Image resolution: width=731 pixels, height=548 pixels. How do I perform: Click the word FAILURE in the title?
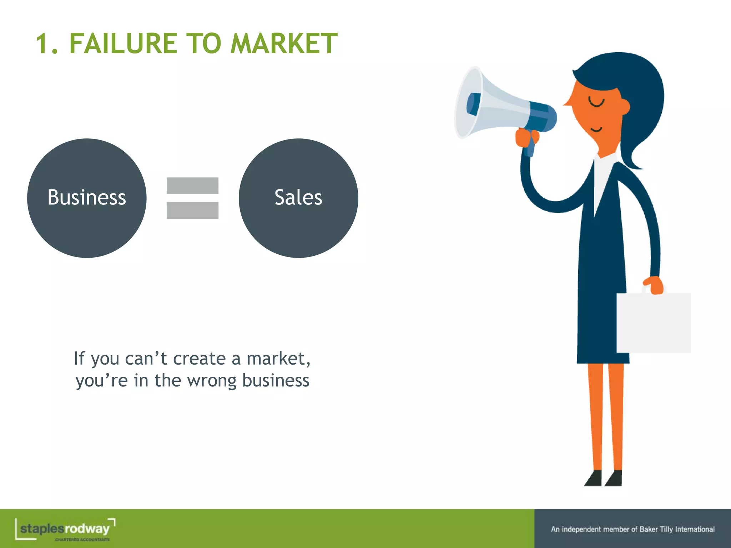point(123,44)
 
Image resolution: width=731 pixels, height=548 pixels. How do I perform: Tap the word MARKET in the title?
point(284,44)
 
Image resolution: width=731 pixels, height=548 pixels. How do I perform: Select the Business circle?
point(87,198)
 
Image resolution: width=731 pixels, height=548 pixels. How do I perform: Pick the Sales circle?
point(298,198)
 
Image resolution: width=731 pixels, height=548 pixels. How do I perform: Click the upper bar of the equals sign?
point(192,186)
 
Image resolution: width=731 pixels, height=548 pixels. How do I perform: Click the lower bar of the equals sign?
point(192,210)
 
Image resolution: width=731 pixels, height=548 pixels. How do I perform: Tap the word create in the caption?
point(199,359)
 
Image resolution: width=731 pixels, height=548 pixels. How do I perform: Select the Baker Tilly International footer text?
point(632,529)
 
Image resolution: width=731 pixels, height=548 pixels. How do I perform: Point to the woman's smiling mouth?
point(596,129)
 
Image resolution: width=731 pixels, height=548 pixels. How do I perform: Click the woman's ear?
point(624,106)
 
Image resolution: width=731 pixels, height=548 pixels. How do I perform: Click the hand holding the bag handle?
point(655,285)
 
